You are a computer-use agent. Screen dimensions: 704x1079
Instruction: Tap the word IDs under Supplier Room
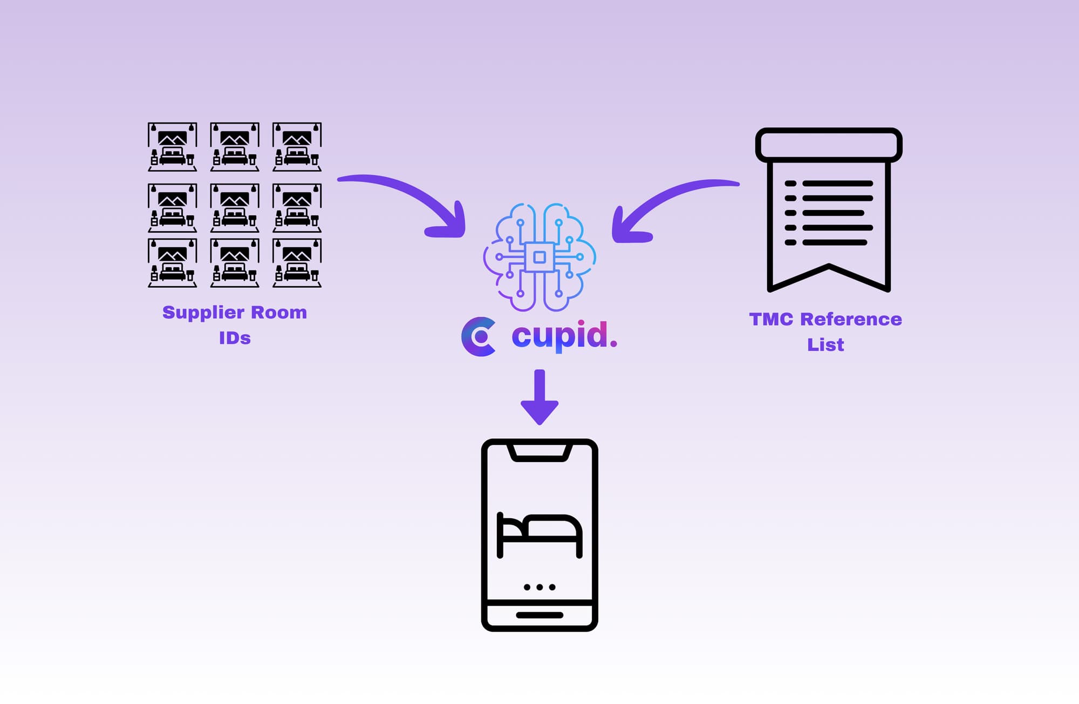pyautogui.click(x=235, y=339)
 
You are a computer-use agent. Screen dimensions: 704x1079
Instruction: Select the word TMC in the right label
pyautogui.click(x=771, y=320)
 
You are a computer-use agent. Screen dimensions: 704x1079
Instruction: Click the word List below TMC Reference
pyautogui.click(x=825, y=345)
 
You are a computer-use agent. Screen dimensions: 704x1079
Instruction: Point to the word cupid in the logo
pyautogui.click(x=559, y=336)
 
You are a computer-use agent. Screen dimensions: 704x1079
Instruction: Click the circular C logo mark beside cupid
pyautogui.click(x=479, y=336)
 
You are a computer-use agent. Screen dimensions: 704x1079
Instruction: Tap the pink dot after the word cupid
pyautogui.click(x=613, y=344)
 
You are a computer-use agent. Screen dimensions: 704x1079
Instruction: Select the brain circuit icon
pyautogui.click(x=539, y=257)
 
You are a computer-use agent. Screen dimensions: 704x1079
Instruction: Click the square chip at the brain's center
pyautogui.click(x=539, y=257)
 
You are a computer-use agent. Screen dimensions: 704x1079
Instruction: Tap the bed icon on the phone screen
pyautogui.click(x=539, y=534)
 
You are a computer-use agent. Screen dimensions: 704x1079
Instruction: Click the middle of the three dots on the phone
pyautogui.click(x=539, y=587)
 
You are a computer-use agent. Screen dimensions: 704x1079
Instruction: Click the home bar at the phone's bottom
pyautogui.click(x=539, y=615)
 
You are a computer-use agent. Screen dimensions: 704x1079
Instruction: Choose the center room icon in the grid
pyautogui.click(x=235, y=208)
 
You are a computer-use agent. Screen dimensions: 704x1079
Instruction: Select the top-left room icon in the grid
pyautogui.click(x=173, y=147)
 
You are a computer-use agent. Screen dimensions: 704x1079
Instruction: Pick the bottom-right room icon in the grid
pyautogui.click(x=297, y=263)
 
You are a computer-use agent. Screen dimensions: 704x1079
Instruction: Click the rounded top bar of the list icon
pyautogui.click(x=829, y=145)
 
